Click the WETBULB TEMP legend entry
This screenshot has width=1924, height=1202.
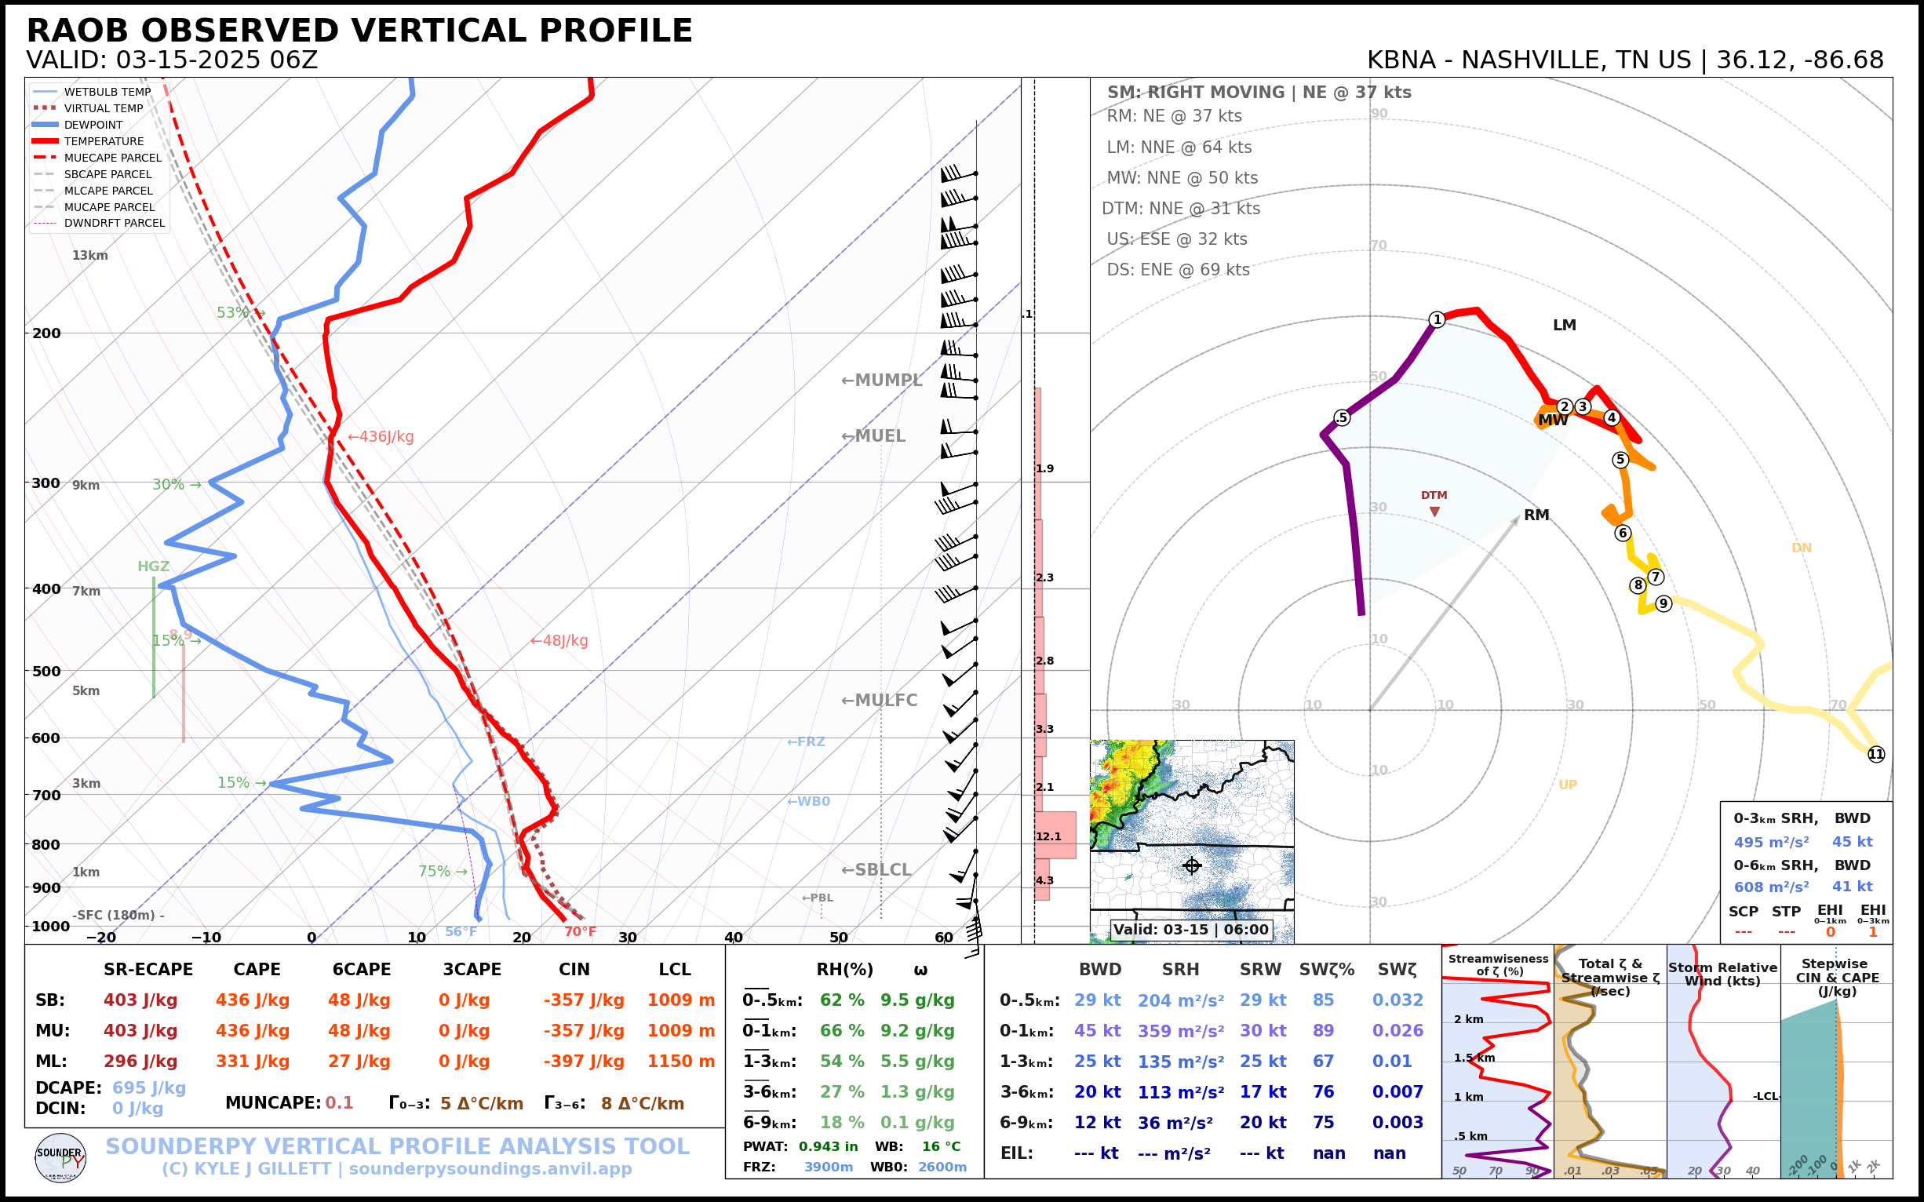point(107,93)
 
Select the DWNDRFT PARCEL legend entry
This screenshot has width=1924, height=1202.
point(115,224)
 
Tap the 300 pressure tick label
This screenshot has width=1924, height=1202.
point(46,483)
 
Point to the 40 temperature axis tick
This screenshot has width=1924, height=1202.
point(733,938)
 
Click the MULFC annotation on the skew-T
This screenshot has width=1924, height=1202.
point(880,701)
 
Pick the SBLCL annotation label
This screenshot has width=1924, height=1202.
point(876,869)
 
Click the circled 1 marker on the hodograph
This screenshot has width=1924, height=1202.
point(1437,319)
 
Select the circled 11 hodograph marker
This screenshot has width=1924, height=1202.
point(1875,755)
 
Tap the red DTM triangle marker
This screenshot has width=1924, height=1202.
point(1434,512)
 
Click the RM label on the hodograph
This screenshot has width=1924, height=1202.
point(1536,515)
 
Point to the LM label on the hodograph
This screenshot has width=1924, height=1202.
point(1564,325)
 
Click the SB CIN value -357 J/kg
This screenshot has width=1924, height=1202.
point(584,1000)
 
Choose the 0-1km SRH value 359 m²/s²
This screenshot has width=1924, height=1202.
point(1180,1031)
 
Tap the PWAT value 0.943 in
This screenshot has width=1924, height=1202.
point(828,1146)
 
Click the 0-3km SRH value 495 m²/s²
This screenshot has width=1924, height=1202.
point(1770,842)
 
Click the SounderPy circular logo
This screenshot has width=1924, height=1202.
point(60,1157)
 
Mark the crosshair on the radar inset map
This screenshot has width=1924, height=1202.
point(1191,865)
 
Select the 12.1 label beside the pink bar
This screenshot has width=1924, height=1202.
point(1048,836)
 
